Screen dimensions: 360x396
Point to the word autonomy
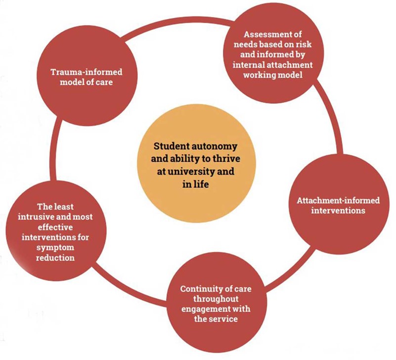(209, 146)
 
